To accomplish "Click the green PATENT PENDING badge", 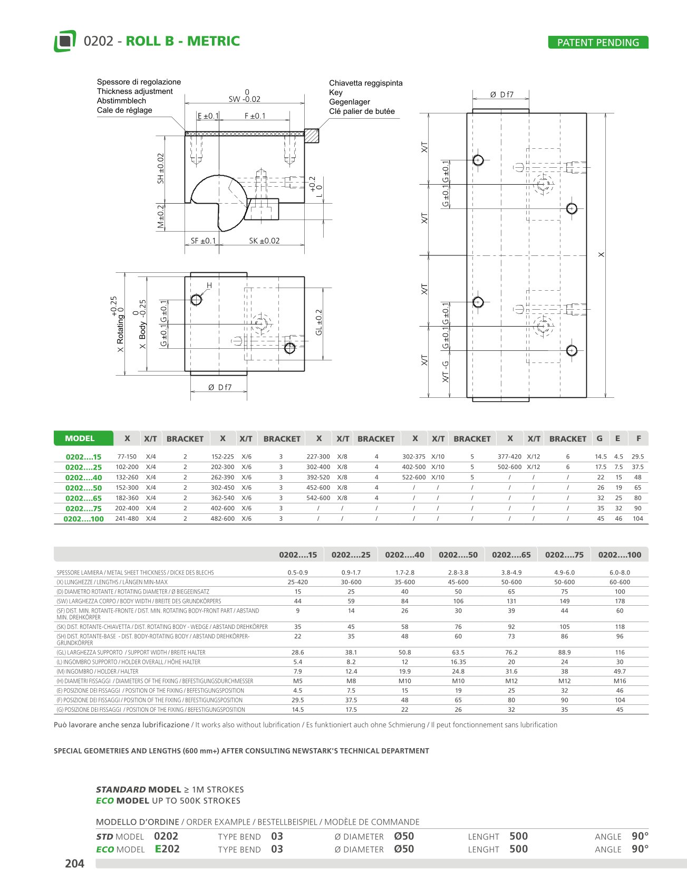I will pyautogui.click(x=598, y=43).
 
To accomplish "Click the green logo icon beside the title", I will pyautogui.click(x=65, y=41).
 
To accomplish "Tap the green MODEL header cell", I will pyautogui.click(x=83, y=438).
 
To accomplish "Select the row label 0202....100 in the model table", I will pyautogui.click(x=83, y=519).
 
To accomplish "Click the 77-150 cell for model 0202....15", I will pyautogui.click(x=127, y=457).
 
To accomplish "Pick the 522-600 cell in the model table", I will pyautogui.click(x=414, y=478).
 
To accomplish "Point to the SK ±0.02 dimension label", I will pyautogui.click(x=264, y=241).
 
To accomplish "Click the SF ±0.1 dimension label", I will pyautogui.click(x=203, y=241).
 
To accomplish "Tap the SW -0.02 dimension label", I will pyautogui.click(x=245, y=99).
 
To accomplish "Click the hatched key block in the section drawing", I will pyautogui.click(x=312, y=136).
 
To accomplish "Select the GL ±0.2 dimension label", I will pyautogui.click(x=318, y=322).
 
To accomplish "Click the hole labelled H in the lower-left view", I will pyautogui.click(x=196, y=300).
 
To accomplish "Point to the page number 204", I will pyautogui.click(x=74, y=863).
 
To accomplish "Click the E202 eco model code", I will pyautogui.click(x=167, y=849).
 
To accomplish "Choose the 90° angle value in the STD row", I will pyautogui.click(x=640, y=836).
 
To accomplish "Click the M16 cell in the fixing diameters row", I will pyautogui.click(x=620, y=681).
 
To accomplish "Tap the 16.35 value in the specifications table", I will pyautogui.click(x=458, y=662).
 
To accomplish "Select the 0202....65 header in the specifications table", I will pyautogui.click(x=511, y=555).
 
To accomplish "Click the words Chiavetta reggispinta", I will pyautogui.click(x=365, y=83).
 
